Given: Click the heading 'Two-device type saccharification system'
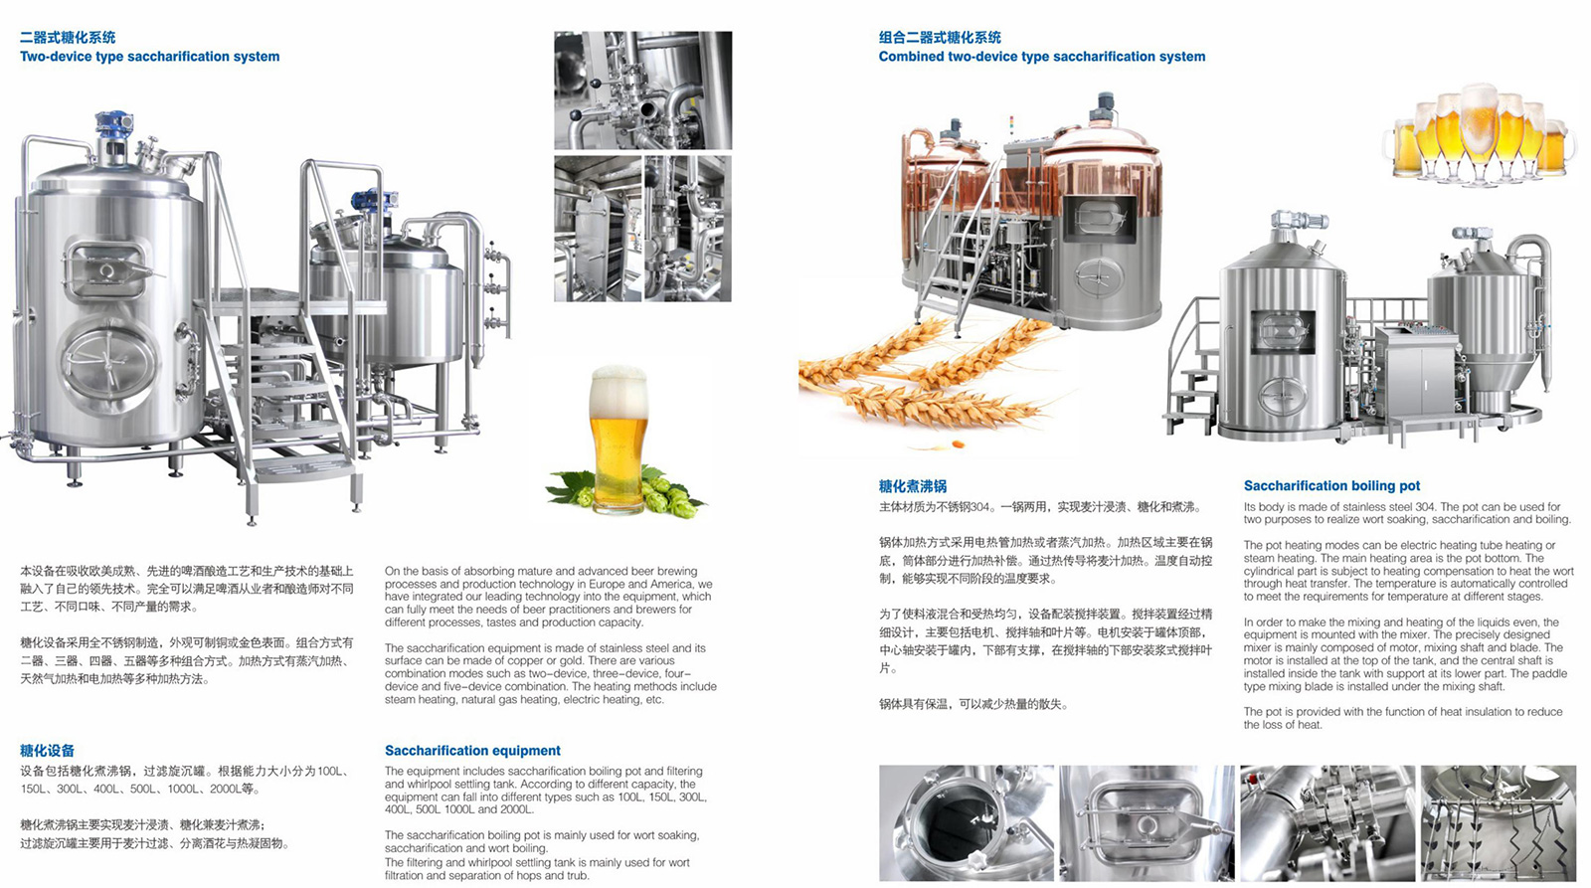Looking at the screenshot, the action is tap(150, 57).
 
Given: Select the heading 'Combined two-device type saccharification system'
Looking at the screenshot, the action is tap(1042, 57).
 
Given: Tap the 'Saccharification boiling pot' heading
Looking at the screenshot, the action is tap(1331, 486).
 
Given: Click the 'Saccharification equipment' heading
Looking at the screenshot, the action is tap(472, 751).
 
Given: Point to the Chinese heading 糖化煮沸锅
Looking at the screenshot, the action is tap(913, 486).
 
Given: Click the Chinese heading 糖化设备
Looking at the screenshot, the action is tap(47, 751).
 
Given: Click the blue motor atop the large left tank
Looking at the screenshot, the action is tap(113, 125).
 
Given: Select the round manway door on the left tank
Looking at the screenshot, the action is tap(108, 362).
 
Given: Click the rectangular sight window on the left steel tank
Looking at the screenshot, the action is tap(106, 268).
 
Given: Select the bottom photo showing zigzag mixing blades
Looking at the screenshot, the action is tap(1499, 823).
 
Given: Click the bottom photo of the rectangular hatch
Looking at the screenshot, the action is tap(1148, 823).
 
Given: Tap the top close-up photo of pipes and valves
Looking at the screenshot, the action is tap(642, 90).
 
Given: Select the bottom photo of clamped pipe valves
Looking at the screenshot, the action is tap(1328, 823).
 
